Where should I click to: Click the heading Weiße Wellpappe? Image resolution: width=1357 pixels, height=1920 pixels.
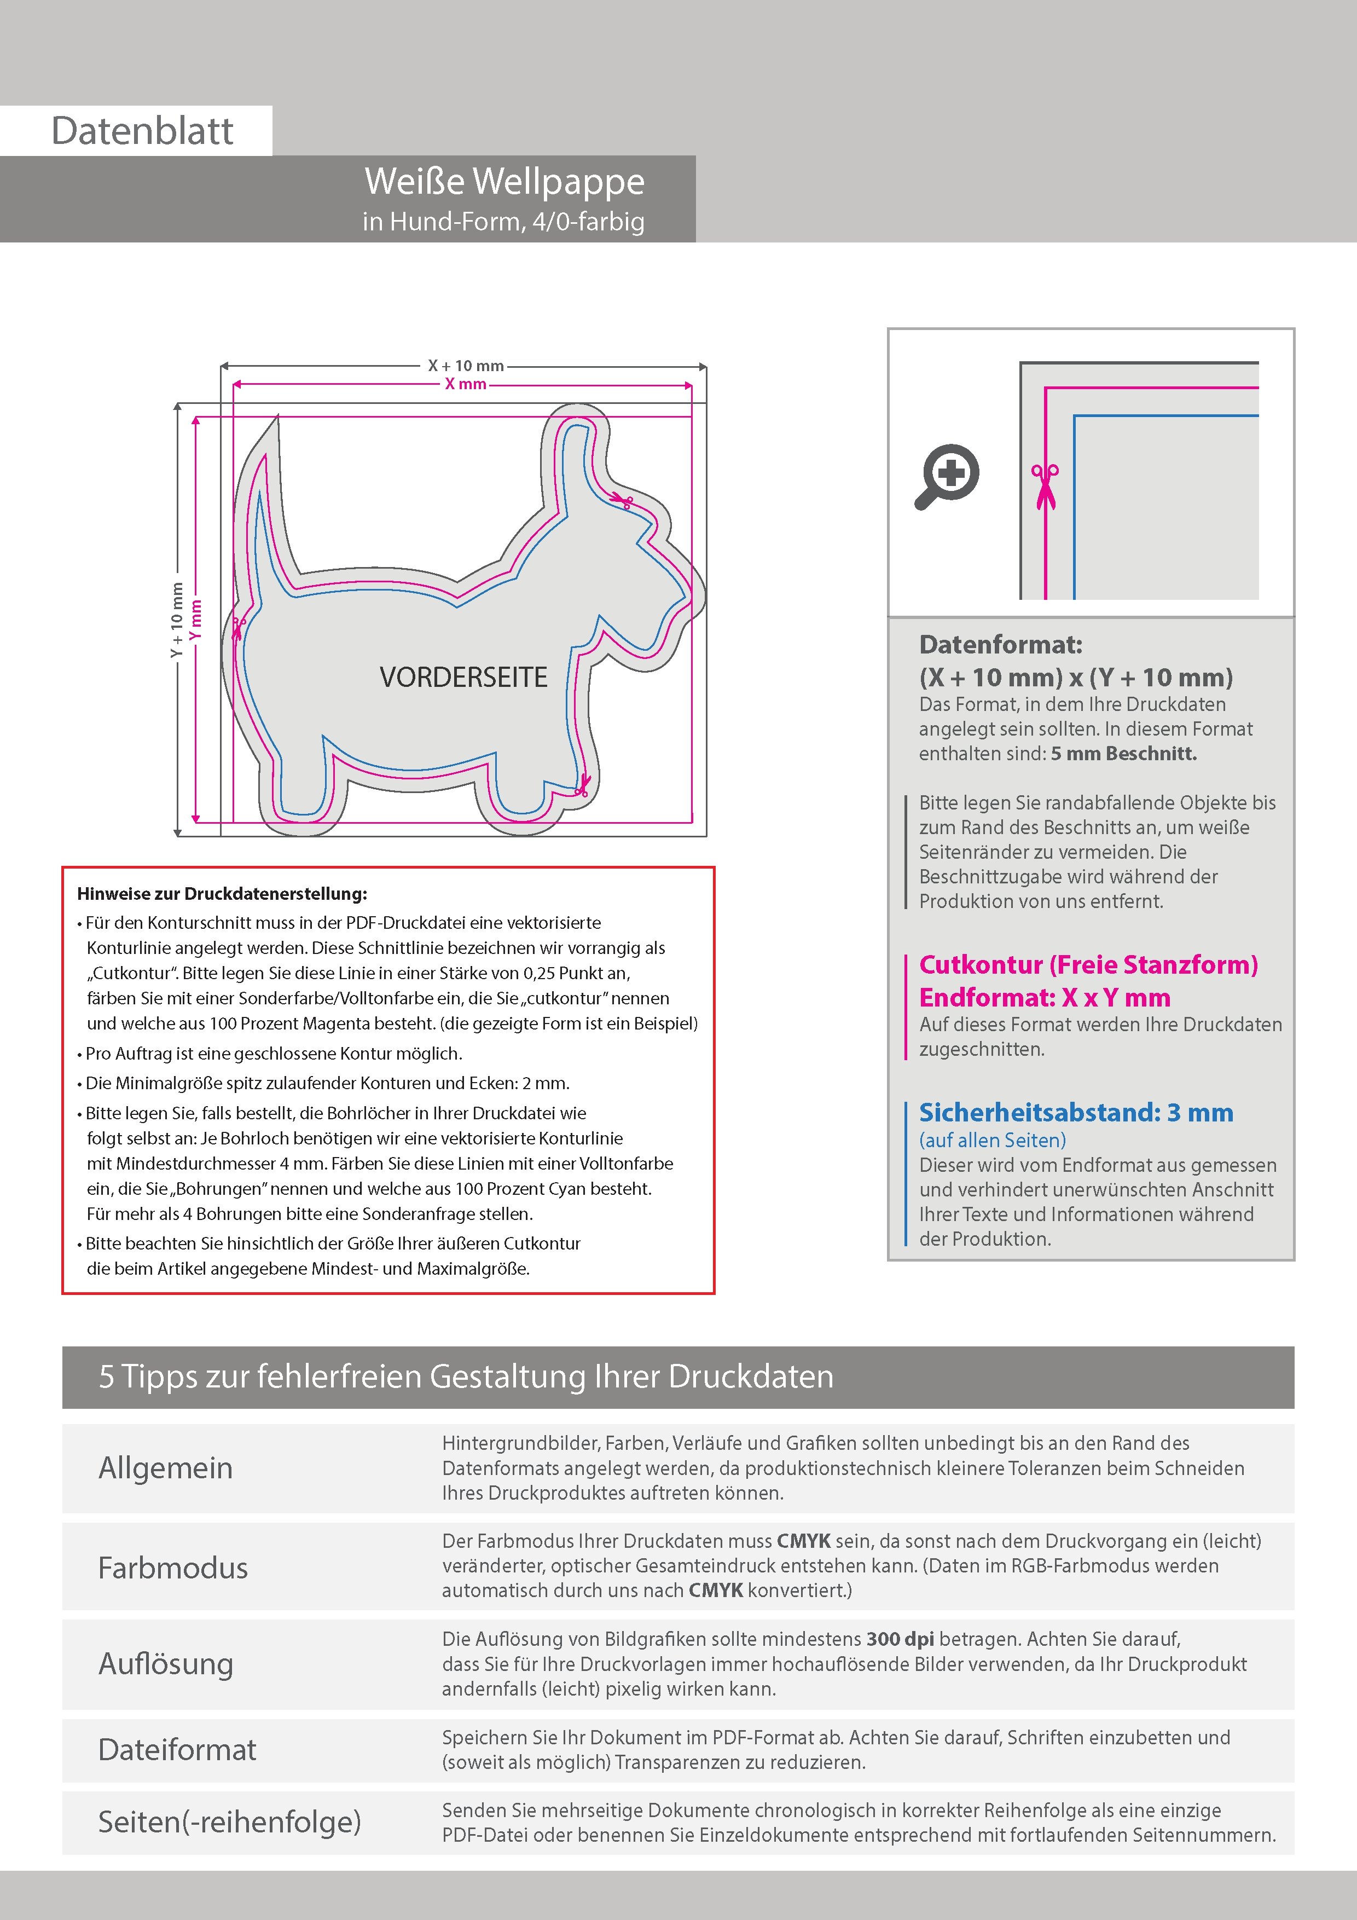[504, 182]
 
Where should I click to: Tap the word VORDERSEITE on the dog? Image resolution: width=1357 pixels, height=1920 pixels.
[463, 678]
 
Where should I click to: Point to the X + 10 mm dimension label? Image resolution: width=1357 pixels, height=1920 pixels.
[466, 366]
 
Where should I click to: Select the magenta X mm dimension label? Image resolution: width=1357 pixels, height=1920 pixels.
[466, 384]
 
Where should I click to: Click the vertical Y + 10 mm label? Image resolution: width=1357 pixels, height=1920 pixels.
[176, 620]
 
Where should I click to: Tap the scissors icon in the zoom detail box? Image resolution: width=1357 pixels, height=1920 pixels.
[1045, 485]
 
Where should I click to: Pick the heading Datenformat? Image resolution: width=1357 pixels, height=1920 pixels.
[1000, 645]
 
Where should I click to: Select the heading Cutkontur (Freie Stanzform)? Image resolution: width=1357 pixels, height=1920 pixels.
[1088, 965]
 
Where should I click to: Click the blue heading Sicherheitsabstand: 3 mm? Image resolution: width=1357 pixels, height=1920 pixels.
[1075, 1113]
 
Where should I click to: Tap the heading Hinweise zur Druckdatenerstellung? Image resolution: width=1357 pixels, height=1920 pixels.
[222, 893]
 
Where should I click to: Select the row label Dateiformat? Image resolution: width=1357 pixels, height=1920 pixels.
[177, 1749]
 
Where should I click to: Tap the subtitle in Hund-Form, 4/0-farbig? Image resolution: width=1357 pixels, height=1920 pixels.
[503, 222]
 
